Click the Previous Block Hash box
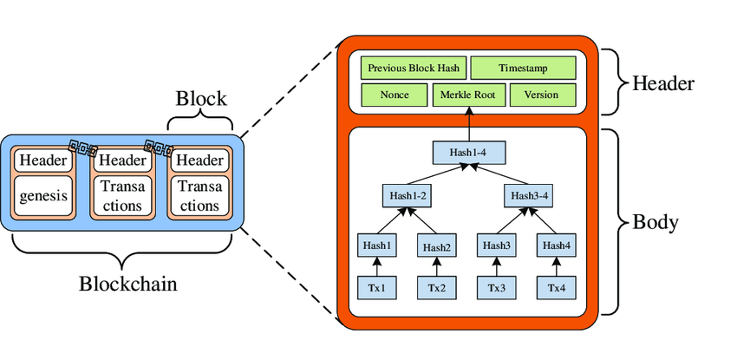tap(414, 68)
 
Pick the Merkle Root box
tap(467, 95)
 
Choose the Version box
tap(543, 95)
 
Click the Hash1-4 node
tap(468, 154)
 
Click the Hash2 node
tap(437, 246)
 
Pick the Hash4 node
tap(556, 245)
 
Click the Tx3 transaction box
tap(496, 287)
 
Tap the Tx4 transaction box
tap(556, 287)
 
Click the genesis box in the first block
tap(43, 197)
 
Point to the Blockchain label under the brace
tap(121, 284)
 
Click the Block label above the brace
tap(200, 96)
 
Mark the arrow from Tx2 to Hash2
tap(437, 267)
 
